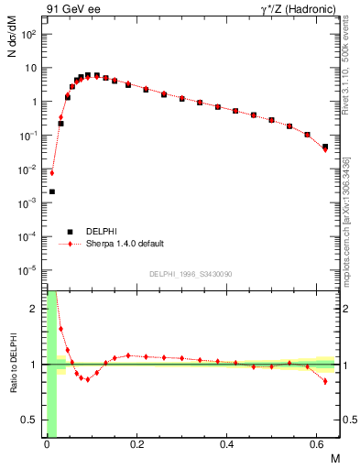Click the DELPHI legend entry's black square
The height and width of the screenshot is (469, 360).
click(70, 232)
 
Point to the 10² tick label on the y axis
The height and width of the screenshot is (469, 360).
click(28, 34)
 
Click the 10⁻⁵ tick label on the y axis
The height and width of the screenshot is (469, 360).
click(28, 270)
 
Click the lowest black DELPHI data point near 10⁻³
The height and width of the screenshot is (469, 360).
click(51, 191)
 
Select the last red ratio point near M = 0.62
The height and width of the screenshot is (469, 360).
click(325, 381)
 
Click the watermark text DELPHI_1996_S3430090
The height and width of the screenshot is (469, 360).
click(190, 275)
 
